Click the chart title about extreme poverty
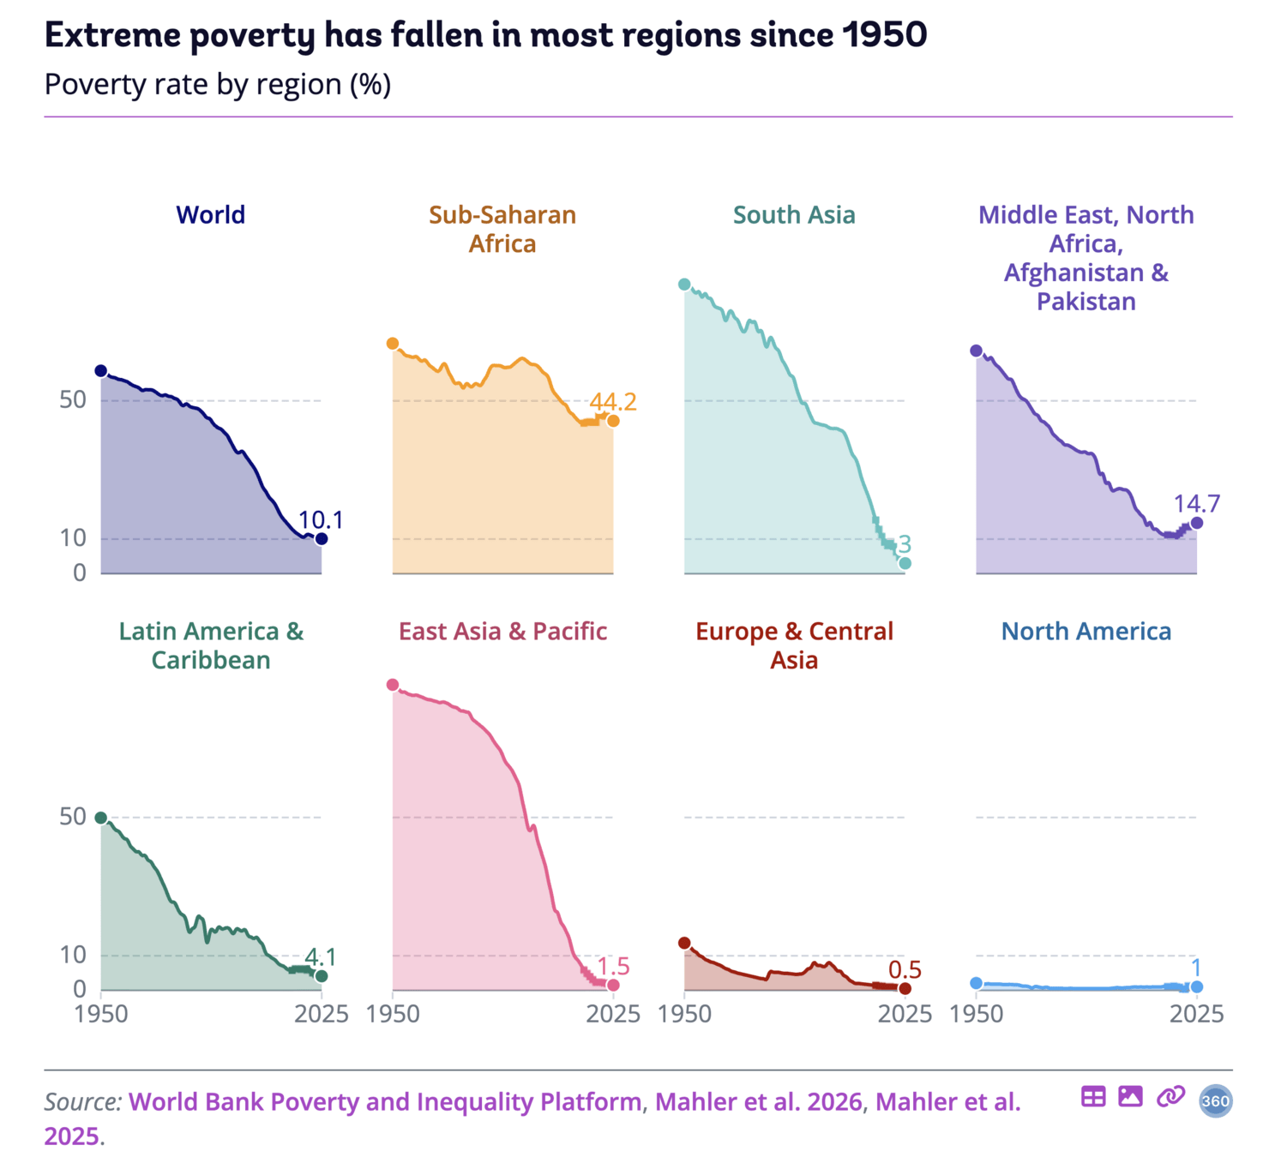tap(485, 36)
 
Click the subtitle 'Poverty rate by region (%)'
tap(218, 85)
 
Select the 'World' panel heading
tap(210, 215)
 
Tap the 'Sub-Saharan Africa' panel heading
tap(502, 229)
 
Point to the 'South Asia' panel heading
tap(794, 215)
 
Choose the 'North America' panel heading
tap(1086, 632)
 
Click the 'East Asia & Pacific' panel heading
tap(502, 632)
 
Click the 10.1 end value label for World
tap(320, 520)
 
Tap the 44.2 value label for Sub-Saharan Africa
tap(613, 402)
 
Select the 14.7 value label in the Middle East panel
tap(1197, 504)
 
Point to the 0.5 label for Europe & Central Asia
tap(905, 970)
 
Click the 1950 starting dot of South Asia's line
tap(684, 285)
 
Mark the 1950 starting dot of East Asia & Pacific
tap(392, 685)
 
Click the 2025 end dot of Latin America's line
tap(322, 976)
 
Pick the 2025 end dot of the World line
tap(322, 539)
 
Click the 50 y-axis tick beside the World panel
tap(73, 400)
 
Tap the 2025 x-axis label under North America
tap(1196, 1014)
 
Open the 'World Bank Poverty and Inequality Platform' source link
tap(385, 1102)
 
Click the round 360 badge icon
tap(1215, 1101)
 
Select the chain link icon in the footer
tap(1170, 1096)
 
